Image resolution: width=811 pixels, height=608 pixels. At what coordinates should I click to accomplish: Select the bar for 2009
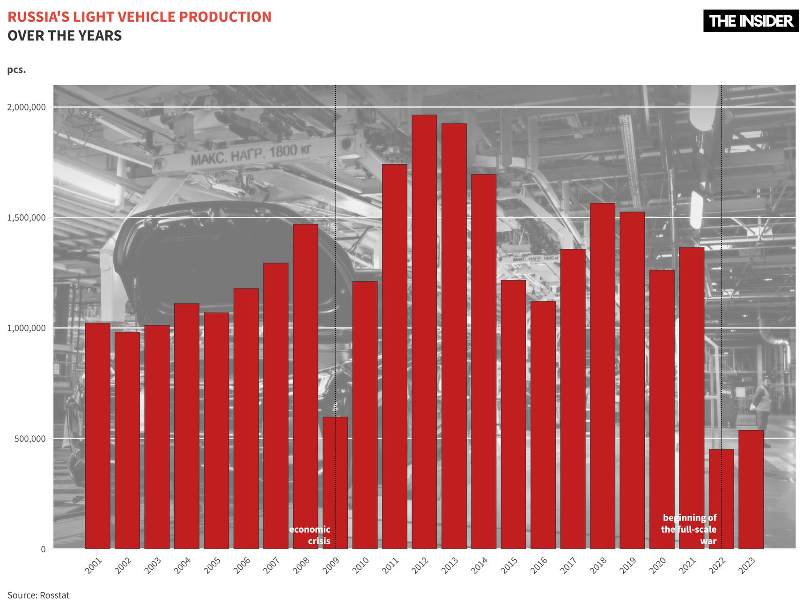(335, 482)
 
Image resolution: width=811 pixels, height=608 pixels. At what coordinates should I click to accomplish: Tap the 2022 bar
(721, 498)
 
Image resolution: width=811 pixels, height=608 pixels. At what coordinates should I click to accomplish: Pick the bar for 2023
(751, 489)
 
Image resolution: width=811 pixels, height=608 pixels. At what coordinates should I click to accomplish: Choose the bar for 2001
(97, 435)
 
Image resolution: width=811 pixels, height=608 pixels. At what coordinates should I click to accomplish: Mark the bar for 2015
(513, 414)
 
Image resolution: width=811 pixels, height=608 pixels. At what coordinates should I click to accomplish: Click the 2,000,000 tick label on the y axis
(26, 107)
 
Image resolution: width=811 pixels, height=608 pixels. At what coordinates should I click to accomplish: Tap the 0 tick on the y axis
(43, 549)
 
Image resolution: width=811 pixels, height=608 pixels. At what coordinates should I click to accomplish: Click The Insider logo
(751, 21)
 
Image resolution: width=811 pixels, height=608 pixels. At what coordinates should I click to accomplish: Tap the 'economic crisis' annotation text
(310, 535)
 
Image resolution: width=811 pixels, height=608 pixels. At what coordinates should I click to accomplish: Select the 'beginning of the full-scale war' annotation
(689, 529)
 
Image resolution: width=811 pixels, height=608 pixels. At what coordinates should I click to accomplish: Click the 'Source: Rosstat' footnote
(38, 595)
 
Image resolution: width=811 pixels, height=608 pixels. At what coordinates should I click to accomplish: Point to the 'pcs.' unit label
(16, 70)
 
